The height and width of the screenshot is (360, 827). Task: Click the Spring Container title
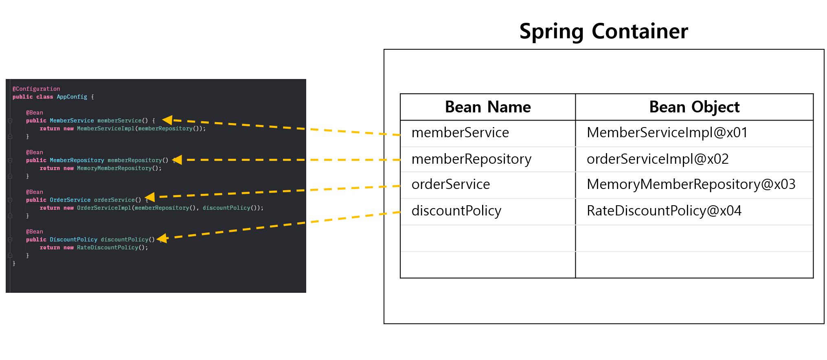tap(603, 32)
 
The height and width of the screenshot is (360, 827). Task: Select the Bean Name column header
tap(488, 107)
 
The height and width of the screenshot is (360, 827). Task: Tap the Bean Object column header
tap(694, 107)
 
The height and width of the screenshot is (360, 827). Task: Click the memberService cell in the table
tap(460, 133)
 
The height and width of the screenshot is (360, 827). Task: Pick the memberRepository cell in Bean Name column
tap(472, 159)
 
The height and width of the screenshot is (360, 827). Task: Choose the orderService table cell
tap(451, 184)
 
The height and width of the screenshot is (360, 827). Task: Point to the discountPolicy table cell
tap(456, 211)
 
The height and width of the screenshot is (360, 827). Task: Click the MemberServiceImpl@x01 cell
tap(667, 133)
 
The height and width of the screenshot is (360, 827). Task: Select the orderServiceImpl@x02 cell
tap(658, 159)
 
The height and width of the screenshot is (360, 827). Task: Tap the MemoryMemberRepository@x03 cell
tap(691, 184)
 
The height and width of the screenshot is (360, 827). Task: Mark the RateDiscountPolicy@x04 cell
tap(664, 211)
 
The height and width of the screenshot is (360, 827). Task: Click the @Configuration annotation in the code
tap(36, 89)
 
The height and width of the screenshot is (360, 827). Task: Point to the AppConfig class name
tap(72, 97)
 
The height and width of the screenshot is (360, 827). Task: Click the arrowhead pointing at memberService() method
tap(167, 120)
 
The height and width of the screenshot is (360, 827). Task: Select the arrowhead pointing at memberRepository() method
tap(177, 160)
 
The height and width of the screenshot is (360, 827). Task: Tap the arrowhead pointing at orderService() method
tap(150, 197)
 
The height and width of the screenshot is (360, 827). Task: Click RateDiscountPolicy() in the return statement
tap(112, 248)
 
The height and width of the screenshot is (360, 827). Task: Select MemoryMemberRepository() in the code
tap(119, 168)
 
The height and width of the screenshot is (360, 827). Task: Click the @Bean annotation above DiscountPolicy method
tap(35, 232)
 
